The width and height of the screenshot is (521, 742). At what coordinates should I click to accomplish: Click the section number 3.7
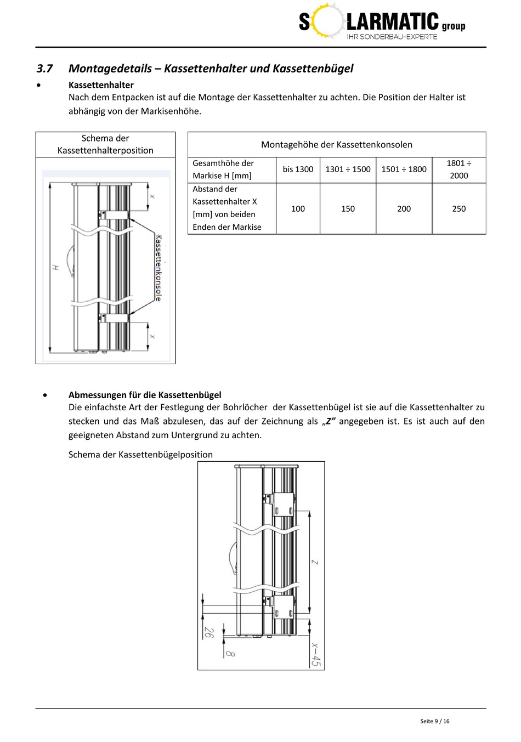pyautogui.click(x=44, y=69)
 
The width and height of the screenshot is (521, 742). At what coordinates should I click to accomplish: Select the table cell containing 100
pyautogui.click(x=298, y=208)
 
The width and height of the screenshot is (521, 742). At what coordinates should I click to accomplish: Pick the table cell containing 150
pyautogui.click(x=348, y=208)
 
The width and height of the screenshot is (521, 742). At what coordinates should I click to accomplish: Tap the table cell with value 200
pyautogui.click(x=404, y=208)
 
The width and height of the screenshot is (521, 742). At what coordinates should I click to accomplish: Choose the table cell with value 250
pyautogui.click(x=459, y=208)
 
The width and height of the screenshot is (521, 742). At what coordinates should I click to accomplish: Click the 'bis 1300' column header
pyautogui.click(x=298, y=169)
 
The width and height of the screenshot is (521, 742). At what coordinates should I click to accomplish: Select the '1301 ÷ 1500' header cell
pyautogui.click(x=348, y=169)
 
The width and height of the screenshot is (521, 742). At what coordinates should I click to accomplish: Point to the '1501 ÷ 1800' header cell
pyautogui.click(x=404, y=169)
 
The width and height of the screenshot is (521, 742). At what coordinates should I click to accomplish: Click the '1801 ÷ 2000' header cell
pyautogui.click(x=459, y=169)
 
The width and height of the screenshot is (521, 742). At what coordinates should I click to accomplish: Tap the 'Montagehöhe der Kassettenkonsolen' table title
pyautogui.click(x=336, y=145)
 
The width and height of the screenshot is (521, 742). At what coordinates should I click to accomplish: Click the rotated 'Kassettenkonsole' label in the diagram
pyautogui.click(x=158, y=268)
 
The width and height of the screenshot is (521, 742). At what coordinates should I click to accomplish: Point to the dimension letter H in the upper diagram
pyautogui.click(x=55, y=267)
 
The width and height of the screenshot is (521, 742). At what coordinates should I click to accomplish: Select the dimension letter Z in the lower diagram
pyautogui.click(x=315, y=562)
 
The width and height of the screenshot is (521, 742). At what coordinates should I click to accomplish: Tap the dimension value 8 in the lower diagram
pyautogui.click(x=230, y=653)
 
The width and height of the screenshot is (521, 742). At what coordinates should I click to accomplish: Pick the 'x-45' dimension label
pyautogui.click(x=315, y=654)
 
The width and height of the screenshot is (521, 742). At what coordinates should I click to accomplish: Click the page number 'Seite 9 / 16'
pyautogui.click(x=434, y=721)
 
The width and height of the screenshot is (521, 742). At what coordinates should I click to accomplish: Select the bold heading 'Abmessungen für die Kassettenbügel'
pyautogui.click(x=145, y=395)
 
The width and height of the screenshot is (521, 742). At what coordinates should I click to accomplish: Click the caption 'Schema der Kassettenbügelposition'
pyautogui.click(x=140, y=455)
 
